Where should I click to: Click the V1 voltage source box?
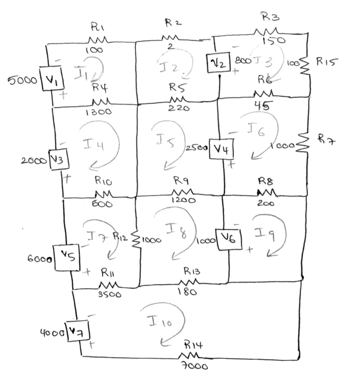(51, 79)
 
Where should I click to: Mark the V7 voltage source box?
(77, 330)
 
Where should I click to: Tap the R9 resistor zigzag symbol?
(182, 192)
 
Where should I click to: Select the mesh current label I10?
(160, 321)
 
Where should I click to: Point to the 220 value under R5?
(180, 108)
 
